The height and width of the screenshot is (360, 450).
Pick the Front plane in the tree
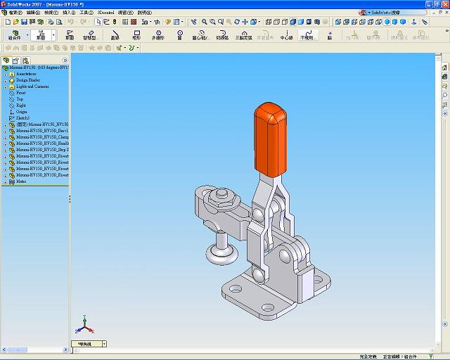click(21, 93)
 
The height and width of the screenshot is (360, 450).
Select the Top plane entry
click(20, 99)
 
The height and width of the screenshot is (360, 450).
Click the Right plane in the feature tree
click(21, 105)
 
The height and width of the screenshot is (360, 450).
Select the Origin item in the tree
click(22, 112)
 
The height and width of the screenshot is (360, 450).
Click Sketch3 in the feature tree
click(23, 118)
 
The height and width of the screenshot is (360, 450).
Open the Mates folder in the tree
click(21, 181)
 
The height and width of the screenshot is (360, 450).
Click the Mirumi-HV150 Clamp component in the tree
click(42, 136)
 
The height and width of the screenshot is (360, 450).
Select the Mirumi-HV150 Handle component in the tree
click(42, 143)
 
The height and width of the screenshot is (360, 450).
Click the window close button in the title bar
click(444, 4)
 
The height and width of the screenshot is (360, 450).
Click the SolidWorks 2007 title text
click(25, 4)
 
